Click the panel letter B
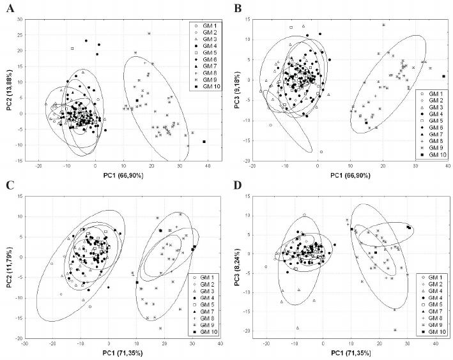[x=238, y=8]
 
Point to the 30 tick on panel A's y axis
[x=19, y=19]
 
